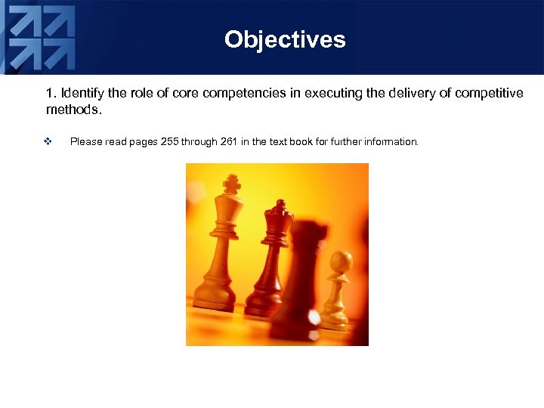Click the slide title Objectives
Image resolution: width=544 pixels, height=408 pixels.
point(285,39)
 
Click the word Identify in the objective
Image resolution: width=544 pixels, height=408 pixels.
point(82,94)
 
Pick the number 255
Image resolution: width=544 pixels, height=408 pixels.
point(170,142)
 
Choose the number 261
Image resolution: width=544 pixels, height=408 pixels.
point(229,142)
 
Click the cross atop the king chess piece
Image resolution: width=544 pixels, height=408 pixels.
point(231,184)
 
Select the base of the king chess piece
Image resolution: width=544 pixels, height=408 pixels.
point(216,299)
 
